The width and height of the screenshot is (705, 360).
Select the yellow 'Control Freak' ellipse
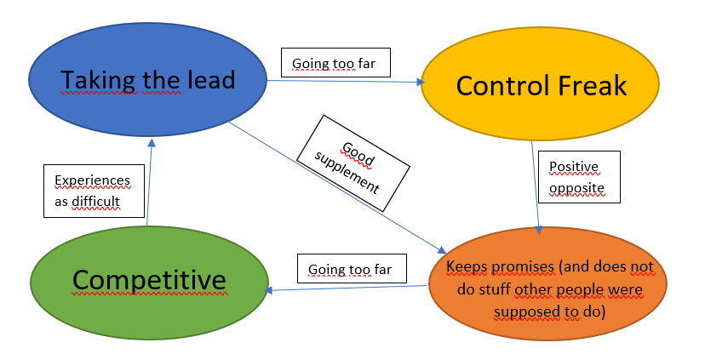tap(541, 85)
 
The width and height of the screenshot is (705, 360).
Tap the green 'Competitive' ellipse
tap(148, 279)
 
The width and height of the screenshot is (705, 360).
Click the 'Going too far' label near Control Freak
tap(335, 63)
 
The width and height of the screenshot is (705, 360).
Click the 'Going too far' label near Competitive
tap(351, 269)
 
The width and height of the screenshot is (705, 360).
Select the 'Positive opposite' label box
tap(579, 176)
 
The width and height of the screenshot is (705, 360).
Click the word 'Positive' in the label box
tap(573, 166)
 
